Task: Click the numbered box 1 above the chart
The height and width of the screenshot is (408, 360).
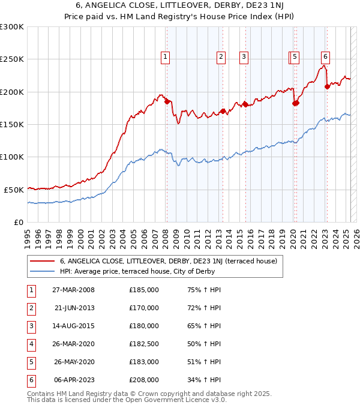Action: pos(165,57)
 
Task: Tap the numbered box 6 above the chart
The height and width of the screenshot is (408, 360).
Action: pos(325,57)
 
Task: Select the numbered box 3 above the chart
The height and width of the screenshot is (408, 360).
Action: pos(244,57)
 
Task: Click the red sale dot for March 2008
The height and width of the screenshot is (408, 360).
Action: pos(167,101)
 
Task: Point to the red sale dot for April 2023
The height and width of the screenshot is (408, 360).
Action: pos(327,86)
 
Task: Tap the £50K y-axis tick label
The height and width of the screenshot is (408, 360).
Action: pos(14,190)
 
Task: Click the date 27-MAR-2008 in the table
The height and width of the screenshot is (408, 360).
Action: pos(73,290)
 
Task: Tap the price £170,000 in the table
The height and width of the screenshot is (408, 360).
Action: pos(144,308)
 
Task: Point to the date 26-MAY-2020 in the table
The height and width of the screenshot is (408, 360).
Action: pos(73,362)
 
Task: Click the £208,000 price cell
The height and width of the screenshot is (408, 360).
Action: pos(144,380)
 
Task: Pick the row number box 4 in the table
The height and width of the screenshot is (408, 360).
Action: pos(31,344)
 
